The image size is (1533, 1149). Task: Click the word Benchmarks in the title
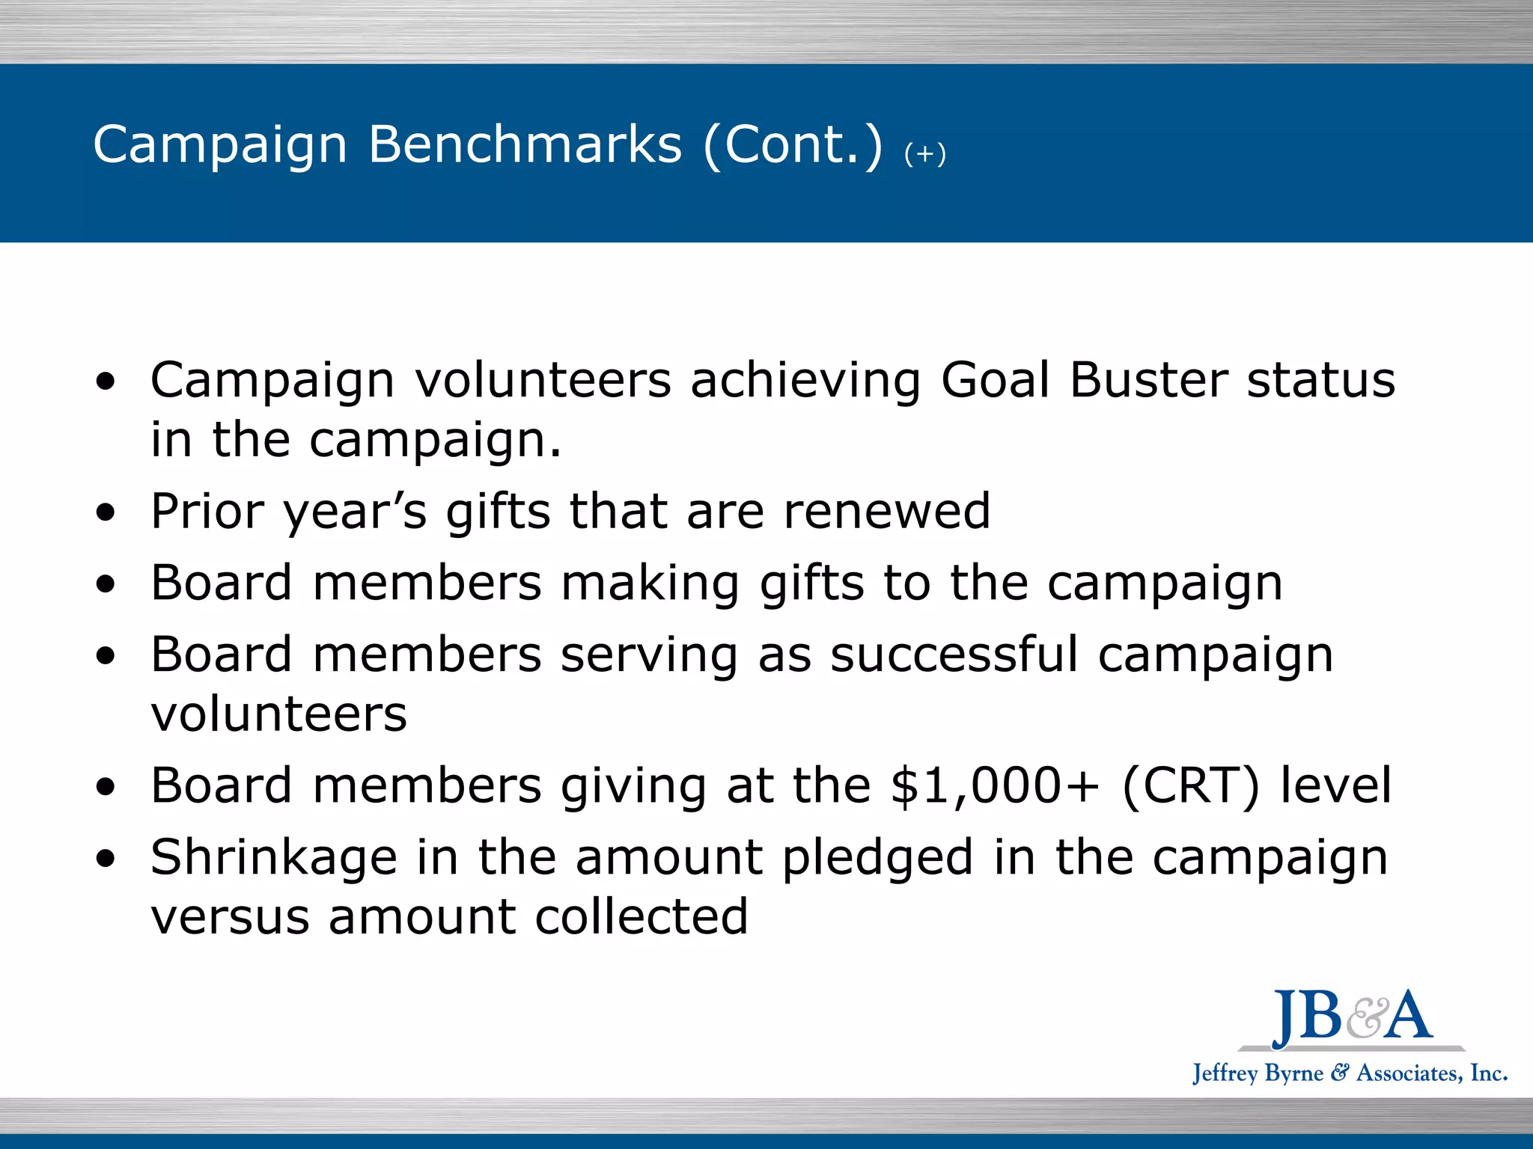pos(525,144)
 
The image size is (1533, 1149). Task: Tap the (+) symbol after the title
pos(925,154)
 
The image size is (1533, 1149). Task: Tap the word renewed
pos(886,512)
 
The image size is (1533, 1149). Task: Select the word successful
pos(954,655)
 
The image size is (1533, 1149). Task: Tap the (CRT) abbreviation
pos(1191,787)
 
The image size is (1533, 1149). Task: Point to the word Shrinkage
pos(273,859)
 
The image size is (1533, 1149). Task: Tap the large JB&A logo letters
pos(1352,1017)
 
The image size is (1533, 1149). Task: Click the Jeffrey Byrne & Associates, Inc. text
pos(1350,1073)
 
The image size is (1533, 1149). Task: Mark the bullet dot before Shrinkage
pos(106,859)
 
